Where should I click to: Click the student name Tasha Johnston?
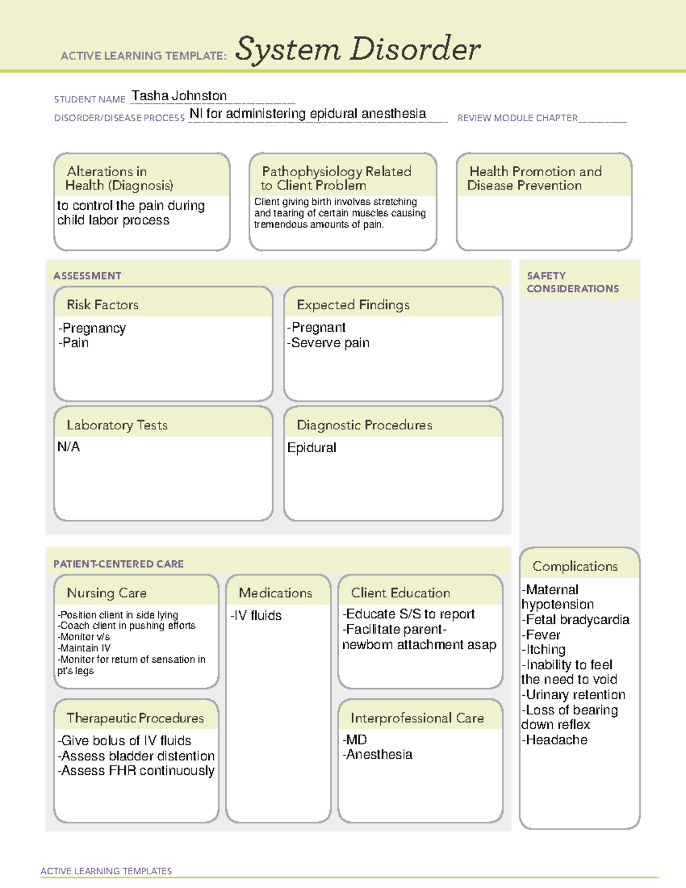179,96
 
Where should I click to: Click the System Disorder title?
358,49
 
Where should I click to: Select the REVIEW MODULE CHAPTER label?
517,118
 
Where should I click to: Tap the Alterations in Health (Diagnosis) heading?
119,178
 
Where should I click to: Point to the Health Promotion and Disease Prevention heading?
535,178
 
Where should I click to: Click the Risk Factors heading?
102,305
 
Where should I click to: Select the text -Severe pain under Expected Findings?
328,343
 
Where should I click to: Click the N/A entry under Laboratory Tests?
69,447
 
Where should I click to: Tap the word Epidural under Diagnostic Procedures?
312,448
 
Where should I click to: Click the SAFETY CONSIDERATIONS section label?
572,282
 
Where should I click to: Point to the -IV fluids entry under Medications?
256,616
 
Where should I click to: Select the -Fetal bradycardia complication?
575,620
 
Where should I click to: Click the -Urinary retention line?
573,695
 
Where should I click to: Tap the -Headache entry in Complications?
555,740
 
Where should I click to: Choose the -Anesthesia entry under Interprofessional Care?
377,755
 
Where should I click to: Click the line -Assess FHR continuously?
136,771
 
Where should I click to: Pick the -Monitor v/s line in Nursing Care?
84,637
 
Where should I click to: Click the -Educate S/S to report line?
408,614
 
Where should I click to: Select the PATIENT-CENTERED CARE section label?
118,564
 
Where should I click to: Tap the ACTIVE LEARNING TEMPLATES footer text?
106,871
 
